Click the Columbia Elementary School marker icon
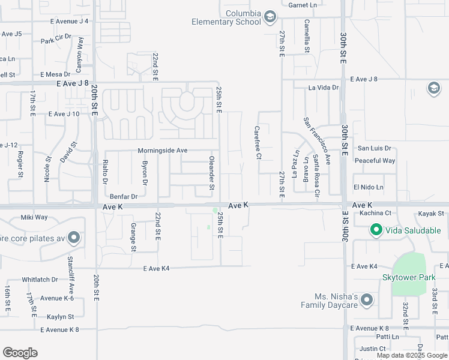pyautogui.click(x=270, y=16)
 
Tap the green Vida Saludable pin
pyautogui.click(x=376, y=230)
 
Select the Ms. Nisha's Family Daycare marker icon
pyautogui.click(x=367, y=299)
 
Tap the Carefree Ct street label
pyautogui.click(x=258, y=143)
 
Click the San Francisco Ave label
pyautogui.click(x=317, y=140)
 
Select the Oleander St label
pyautogui.click(x=211, y=173)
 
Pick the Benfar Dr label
pyautogui.click(x=124, y=196)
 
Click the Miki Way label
pyautogui.click(x=34, y=217)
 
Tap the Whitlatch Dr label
pyautogui.click(x=40, y=280)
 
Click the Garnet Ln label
pyautogui.click(x=302, y=5)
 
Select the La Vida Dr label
pyautogui.click(x=324, y=88)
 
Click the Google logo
pyautogui.click(x=20, y=353)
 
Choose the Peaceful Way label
pyautogui.click(x=375, y=161)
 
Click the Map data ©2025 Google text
pyautogui.click(x=412, y=355)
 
